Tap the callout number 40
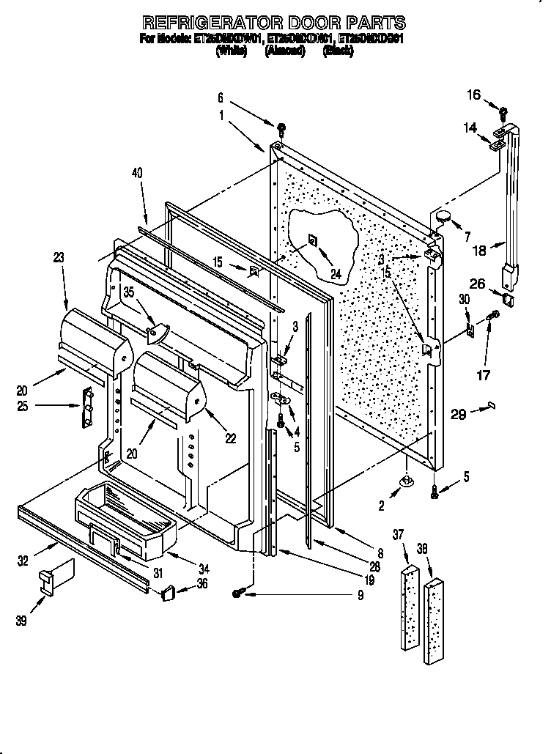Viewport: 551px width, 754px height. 137,173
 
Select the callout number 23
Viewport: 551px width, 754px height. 59,257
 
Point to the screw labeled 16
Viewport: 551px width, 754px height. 503,113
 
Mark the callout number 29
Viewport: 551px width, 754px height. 457,415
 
